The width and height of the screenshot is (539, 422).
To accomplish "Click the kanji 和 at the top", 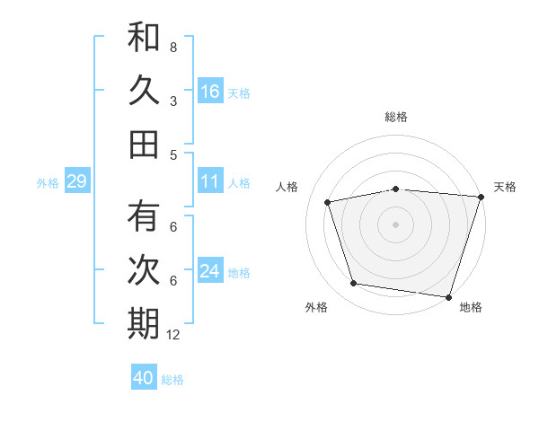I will [144, 39].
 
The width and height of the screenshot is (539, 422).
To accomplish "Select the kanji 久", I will [144, 91].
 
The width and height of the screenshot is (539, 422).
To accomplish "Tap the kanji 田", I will [144, 144].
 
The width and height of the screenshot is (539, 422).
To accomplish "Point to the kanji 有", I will [144, 217].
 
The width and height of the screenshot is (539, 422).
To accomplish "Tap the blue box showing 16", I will [210, 91].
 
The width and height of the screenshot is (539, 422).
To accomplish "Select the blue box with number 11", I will [210, 181].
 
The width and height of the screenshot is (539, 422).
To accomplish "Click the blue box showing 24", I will [210, 271].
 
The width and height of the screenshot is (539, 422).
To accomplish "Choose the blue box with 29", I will [76, 181].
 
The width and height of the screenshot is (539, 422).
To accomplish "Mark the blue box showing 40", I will [144, 378].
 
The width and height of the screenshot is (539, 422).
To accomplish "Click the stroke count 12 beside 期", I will [173, 335].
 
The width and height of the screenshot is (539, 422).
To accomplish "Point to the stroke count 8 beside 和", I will [173, 47].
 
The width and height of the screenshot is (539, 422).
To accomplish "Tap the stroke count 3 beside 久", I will [173, 101].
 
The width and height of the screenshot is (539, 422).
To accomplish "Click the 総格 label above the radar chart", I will [396, 117].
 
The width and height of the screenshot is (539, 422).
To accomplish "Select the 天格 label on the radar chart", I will [505, 187].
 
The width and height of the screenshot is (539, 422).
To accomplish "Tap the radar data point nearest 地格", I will [449, 296].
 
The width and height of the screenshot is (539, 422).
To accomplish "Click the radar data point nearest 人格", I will [328, 202].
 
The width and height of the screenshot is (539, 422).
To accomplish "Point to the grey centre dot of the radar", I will [395, 223].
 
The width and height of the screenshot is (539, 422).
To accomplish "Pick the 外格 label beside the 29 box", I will [48, 183].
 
